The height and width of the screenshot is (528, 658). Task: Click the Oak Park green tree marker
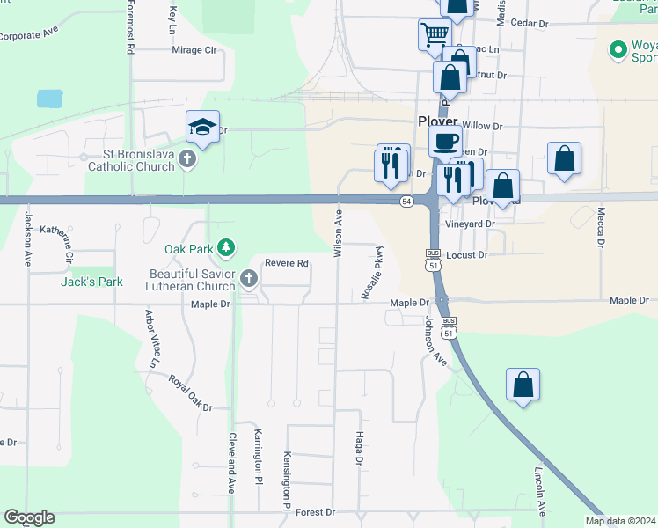pyautogui.click(x=227, y=247)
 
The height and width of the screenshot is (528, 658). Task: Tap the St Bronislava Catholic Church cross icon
pyautogui.click(x=186, y=160)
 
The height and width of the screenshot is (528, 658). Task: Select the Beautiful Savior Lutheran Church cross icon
pyautogui.click(x=248, y=280)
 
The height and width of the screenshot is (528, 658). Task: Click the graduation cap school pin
pyautogui.click(x=202, y=128)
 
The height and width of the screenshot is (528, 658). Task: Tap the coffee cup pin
pyautogui.click(x=445, y=141)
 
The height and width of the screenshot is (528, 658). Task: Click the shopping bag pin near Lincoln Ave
pyautogui.click(x=523, y=385)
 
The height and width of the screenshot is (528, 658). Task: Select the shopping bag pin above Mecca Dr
pyautogui.click(x=564, y=159)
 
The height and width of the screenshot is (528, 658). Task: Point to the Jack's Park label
pyautogui.click(x=91, y=282)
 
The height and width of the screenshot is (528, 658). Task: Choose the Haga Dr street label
pyautogui.click(x=359, y=448)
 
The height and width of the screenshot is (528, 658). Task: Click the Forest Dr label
pyautogui.click(x=316, y=512)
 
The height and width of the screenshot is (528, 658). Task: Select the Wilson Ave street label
pyautogui.click(x=338, y=232)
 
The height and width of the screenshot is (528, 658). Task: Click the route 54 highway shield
pyautogui.click(x=406, y=202)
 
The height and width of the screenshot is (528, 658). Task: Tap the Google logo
pyautogui.click(x=29, y=517)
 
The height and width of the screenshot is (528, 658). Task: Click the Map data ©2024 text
pyautogui.click(x=620, y=521)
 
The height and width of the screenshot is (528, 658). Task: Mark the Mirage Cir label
pyautogui.click(x=194, y=50)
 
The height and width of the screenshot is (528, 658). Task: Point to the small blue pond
pyautogui.click(x=50, y=98)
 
